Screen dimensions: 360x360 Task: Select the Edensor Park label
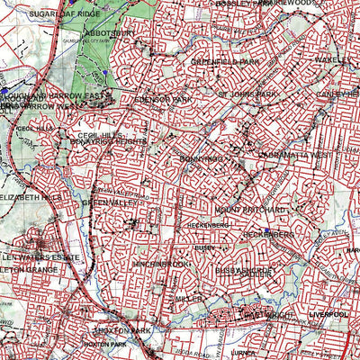pyautogui.click(x=162, y=98)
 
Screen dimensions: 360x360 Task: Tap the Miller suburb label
pyautogui.click(x=188, y=299)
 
